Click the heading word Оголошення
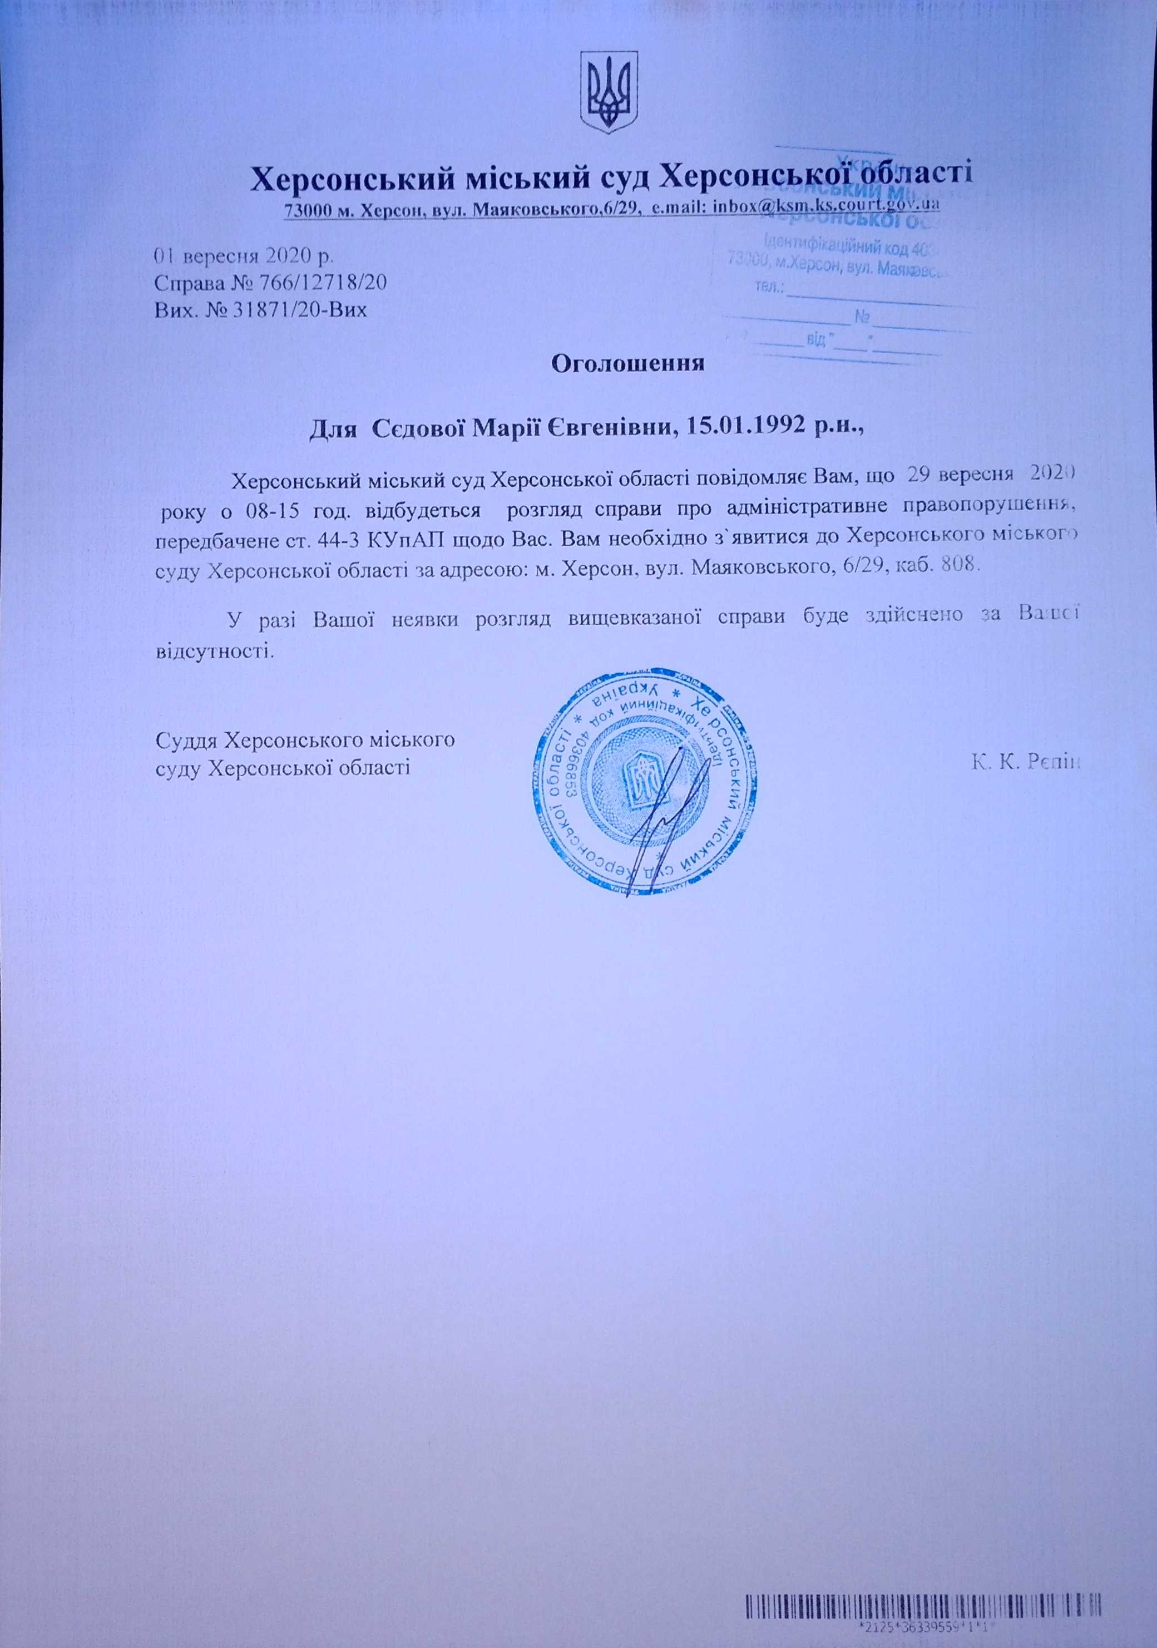pyautogui.click(x=627, y=364)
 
